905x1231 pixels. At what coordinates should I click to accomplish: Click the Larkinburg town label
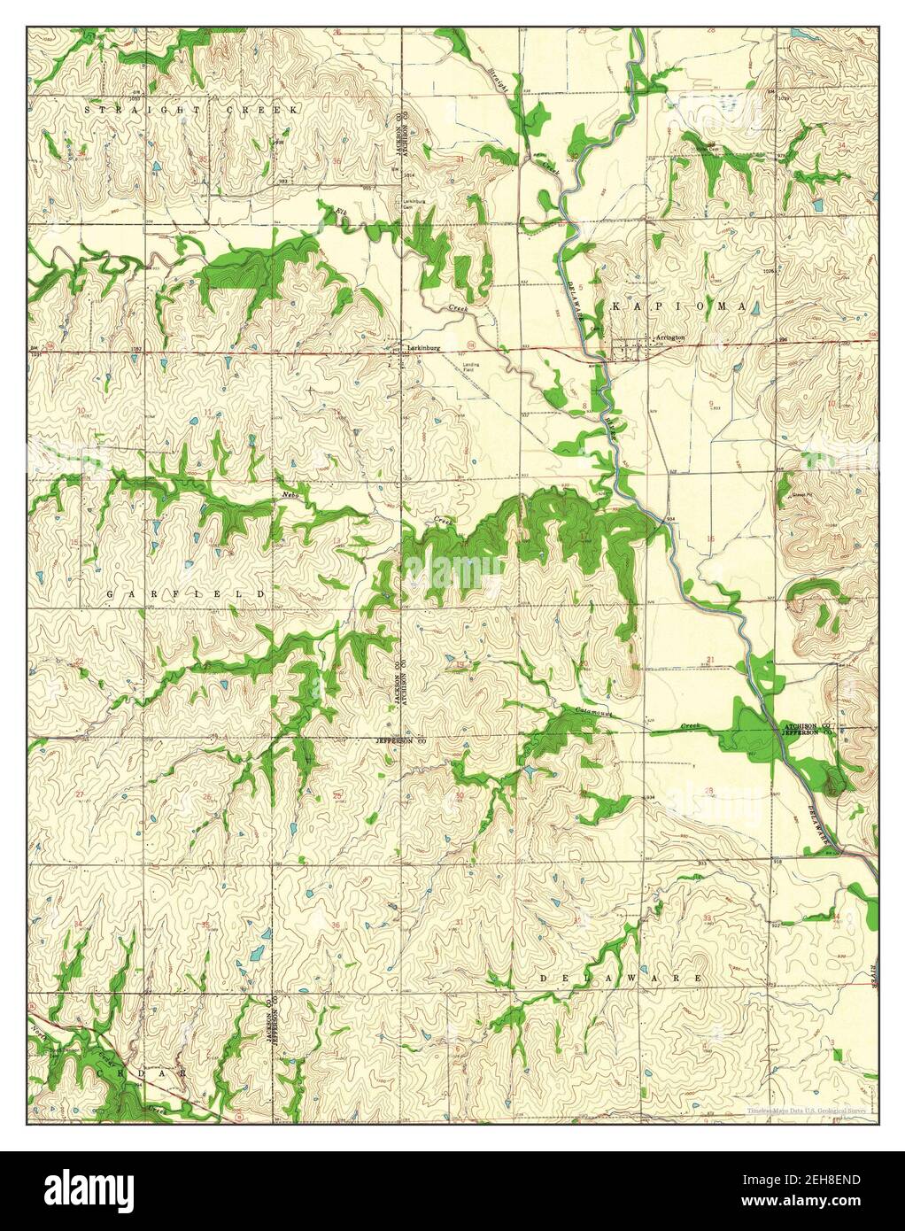coord(422,347)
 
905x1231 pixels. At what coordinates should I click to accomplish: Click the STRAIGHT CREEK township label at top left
coord(192,108)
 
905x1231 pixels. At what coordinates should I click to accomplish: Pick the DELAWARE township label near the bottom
coord(621,978)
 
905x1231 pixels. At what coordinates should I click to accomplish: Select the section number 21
coord(710,661)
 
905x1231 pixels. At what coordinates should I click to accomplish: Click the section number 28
coord(708,790)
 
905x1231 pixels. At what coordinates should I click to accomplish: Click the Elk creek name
coord(341,211)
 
